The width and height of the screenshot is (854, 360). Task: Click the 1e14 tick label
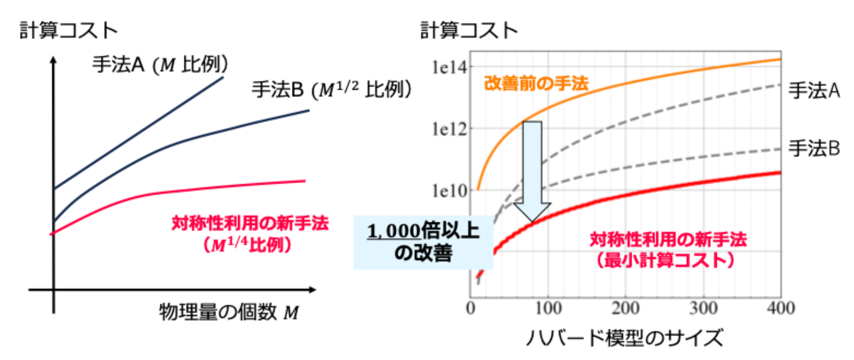tap(449, 67)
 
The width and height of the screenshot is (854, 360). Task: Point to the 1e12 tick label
tap(449, 129)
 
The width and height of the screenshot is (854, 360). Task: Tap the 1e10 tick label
tap(449, 191)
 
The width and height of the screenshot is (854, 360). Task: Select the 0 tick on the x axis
tap(471, 308)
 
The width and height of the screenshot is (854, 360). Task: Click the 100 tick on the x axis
tap(548, 308)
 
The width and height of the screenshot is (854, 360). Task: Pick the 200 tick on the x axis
tap(625, 308)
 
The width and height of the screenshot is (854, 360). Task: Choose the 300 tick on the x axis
tap(703, 308)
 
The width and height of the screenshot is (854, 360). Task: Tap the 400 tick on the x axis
tap(780, 308)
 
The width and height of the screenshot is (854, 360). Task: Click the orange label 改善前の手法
tap(536, 84)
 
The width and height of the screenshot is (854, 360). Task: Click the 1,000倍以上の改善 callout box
tap(423, 242)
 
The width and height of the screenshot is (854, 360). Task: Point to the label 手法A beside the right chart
tap(814, 90)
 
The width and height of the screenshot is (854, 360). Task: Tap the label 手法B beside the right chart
tap(814, 148)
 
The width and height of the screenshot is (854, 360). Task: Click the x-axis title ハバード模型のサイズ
tap(624, 338)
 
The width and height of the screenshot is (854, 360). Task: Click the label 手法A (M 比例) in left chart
tap(160, 64)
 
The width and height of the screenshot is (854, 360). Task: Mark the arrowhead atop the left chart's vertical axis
tap(53, 60)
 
